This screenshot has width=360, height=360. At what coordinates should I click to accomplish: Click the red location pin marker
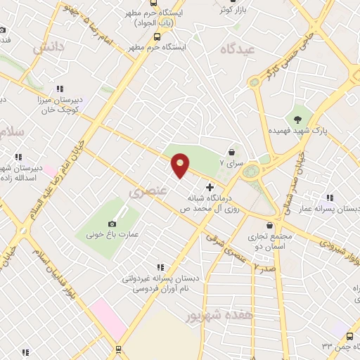pos(181,165)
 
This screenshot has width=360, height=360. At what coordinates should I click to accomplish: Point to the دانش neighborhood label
pos(49,48)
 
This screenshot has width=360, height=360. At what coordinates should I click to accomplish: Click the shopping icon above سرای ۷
pos(232,150)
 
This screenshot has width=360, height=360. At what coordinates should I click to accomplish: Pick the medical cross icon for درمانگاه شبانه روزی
pos(209,187)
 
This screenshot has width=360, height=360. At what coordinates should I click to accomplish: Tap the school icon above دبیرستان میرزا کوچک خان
pos(60,89)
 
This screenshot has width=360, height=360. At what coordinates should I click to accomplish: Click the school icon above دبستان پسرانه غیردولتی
pos(160,266)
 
